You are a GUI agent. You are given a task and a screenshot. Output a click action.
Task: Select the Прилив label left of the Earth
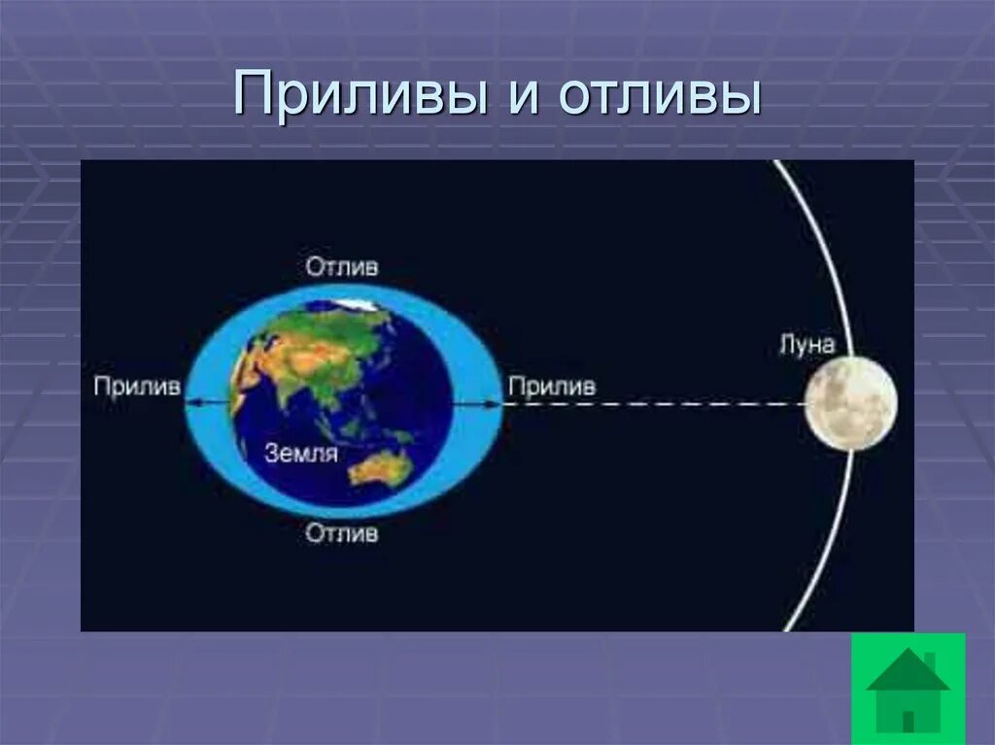(137, 387)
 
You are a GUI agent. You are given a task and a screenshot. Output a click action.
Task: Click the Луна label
(806, 344)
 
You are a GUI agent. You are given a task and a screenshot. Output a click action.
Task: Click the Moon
(850, 403)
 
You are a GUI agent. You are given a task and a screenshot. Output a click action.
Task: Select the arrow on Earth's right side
(475, 401)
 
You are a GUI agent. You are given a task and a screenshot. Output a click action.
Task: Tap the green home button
(908, 689)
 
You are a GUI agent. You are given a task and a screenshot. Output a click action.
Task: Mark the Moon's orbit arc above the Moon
(821, 253)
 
